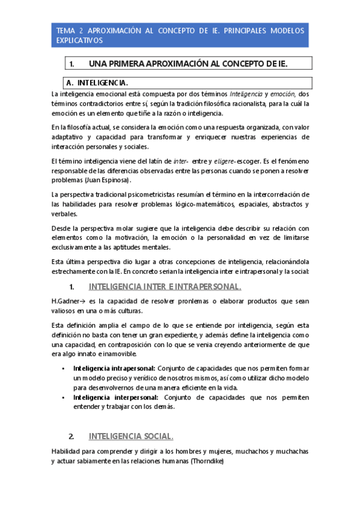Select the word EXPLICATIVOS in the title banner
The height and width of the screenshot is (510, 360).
click(x=79, y=40)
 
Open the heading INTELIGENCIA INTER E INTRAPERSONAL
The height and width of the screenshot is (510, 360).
click(x=165, y=286)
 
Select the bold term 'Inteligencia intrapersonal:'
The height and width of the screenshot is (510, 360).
click(x=114, y=368)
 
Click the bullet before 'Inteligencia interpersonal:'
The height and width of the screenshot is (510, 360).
click(x=63, y=398)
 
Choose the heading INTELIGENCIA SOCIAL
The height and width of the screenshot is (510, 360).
click(x=131, y=436)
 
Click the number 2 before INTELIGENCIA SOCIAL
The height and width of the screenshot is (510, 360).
click(x=72, y=436)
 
